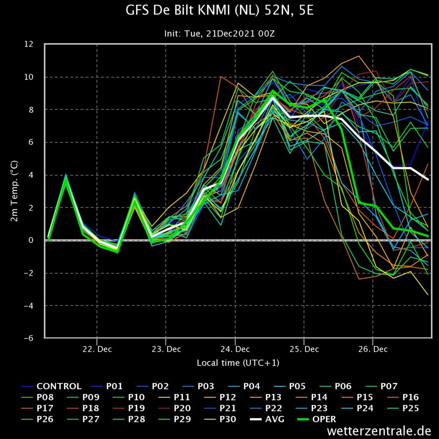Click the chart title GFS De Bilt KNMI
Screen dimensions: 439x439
tap(219, 11)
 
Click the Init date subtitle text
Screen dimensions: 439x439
tap(219, 34)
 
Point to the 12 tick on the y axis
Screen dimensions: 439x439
tap(29, 44)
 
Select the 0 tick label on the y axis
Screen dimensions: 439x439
tap(31, 240)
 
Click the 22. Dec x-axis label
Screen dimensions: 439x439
tap(97, 349)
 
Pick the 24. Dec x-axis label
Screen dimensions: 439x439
tap(235, 349)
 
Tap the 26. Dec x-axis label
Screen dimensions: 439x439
tap(373, 349)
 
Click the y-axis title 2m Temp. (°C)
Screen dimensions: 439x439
tap(14, 191)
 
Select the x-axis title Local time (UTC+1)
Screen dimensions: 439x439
tap(238, 363)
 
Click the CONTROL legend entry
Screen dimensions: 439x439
tap(51, 386)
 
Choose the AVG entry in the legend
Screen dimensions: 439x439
tap(267, 419)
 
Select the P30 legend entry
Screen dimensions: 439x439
tap(220, 419)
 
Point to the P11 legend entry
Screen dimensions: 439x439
tap(174, 397)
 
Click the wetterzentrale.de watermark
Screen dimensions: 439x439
tap(379, 431)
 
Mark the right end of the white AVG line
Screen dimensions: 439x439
tap(428, 180)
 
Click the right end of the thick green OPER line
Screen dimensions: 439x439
tap(428, 236)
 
